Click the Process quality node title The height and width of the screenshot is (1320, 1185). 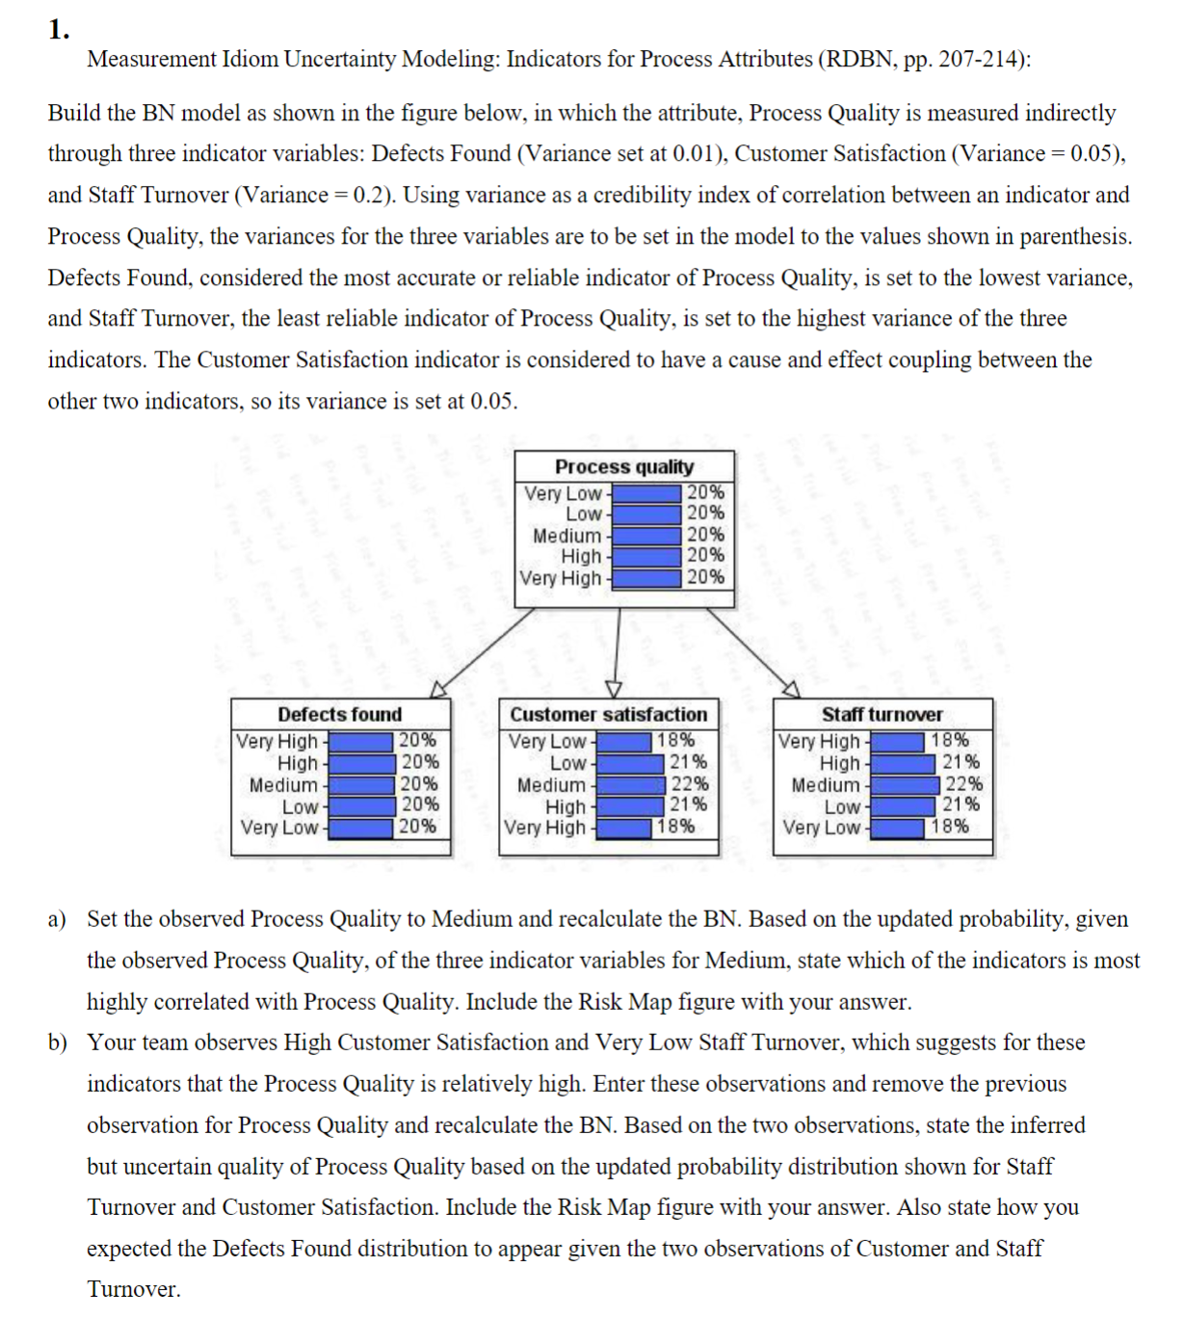(623, 466)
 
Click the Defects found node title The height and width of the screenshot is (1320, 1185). (339, 714)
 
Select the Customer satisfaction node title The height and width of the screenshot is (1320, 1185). (608, 714)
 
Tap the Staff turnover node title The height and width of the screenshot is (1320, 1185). (882, 714)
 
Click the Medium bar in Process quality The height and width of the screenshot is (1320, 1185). (645, 535)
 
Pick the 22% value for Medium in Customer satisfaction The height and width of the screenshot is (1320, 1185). (689, 784)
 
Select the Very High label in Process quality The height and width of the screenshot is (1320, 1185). (560, 578)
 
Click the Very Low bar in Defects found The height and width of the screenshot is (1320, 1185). (360, 827)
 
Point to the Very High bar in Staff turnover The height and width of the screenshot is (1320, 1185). (898, 741)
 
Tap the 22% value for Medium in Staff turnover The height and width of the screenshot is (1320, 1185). (962, 784)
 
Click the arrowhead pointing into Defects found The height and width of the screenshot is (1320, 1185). (438, 689)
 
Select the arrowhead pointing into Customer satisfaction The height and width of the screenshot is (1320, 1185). (614, 688)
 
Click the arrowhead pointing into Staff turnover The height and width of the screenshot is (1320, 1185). (791, 689)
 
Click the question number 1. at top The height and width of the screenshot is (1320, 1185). (59, 30)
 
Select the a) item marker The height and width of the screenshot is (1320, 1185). (57, 919)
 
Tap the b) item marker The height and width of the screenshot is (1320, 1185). (58, 1043)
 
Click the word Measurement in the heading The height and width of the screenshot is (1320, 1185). (151, 59)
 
